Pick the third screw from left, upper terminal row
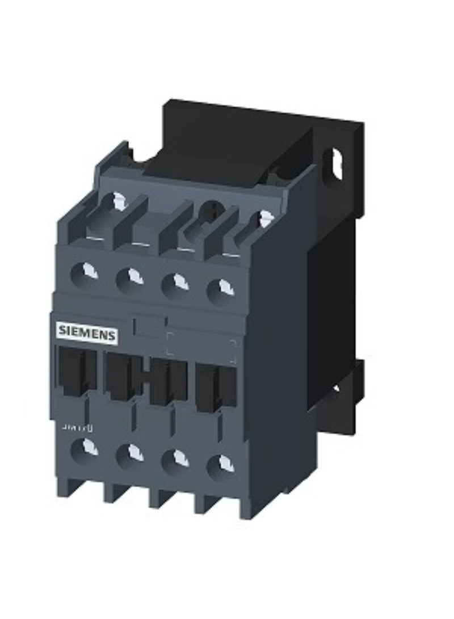175,282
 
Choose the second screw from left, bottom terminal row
129,453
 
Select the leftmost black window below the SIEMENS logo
75,369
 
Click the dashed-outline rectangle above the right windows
201,347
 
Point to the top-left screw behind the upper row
118,200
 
